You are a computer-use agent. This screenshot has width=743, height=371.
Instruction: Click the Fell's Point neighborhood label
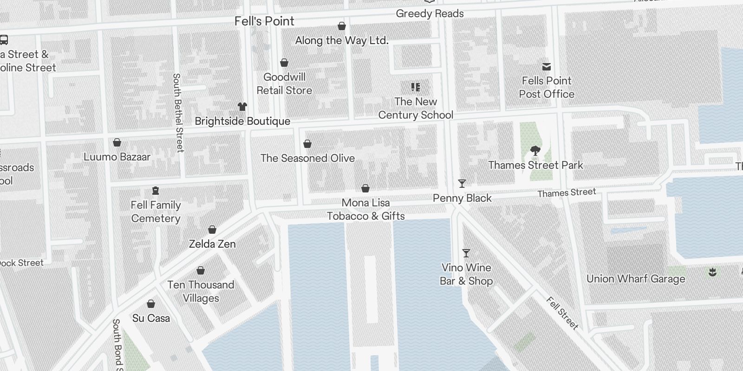(264, 21)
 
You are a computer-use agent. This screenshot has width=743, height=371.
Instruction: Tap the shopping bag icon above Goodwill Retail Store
(284, 63)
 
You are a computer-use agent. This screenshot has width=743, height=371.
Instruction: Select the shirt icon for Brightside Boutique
(242, 107)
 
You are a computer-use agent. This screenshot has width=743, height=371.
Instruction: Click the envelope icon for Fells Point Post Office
(547, 67)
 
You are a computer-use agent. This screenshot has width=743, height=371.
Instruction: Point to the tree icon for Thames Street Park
(535, 151)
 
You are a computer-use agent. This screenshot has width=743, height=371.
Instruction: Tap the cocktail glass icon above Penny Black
(462, 184)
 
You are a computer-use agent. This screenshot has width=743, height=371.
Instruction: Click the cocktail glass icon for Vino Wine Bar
(466, 253)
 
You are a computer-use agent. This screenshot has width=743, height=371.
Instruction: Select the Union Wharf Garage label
(635, 279)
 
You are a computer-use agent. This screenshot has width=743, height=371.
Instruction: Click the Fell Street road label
(562, 313)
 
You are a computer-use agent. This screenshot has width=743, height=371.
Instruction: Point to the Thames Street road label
(567, 192)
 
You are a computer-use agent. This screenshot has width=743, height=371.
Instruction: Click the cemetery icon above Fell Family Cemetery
(156, 191)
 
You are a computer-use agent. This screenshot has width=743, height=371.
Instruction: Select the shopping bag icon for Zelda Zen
(212, 230)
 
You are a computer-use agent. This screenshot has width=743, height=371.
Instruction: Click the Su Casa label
(151, 318)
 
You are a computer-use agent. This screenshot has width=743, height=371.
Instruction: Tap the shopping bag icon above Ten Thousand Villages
(201, 270)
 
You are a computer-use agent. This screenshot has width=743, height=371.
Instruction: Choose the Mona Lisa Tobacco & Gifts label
(366, 209)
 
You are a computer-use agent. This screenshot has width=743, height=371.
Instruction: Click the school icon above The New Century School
(416, 87)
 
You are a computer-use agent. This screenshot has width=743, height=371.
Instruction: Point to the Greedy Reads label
(430, 13)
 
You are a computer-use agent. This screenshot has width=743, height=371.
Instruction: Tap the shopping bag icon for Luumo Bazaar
(117, 142)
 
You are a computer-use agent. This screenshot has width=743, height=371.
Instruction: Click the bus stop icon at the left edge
(4, 40)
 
